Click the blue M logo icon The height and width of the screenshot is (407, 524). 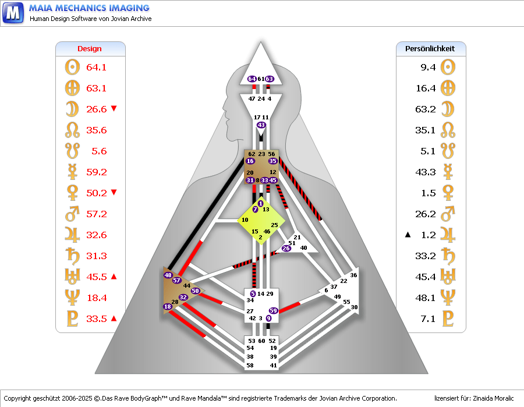(x=12, y=12)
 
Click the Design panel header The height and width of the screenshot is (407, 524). (x=90, y=49)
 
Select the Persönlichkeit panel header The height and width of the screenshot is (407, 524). (x=430, y=49)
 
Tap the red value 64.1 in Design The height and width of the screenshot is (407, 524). (x=96, y=68)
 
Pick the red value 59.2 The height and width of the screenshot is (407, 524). (x=96, y=172)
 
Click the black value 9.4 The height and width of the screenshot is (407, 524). (x=428, y=68)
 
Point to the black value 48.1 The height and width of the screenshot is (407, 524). (x=428, y=298)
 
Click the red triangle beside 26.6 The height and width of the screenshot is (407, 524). (x=114, y=109)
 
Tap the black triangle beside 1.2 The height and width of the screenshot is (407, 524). (x=408, y=235)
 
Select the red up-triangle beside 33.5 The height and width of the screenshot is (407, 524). (x=114, y=318)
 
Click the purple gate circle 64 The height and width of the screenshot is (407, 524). (x=252, y=79)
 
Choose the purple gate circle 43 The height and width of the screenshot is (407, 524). (x=261, y=125)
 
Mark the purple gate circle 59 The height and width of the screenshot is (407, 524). (x=273, y=311)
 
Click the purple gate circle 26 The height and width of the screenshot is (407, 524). (x=286, y=249)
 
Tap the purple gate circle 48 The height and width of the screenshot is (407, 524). (x=168, y=275)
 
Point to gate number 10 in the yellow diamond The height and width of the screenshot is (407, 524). (x=245, y=220)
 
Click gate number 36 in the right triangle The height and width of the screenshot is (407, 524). (x=353, y=275)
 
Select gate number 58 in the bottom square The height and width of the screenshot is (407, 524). (x=250, y=365)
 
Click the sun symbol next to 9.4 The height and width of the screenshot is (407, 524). (x=447, y=67)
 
